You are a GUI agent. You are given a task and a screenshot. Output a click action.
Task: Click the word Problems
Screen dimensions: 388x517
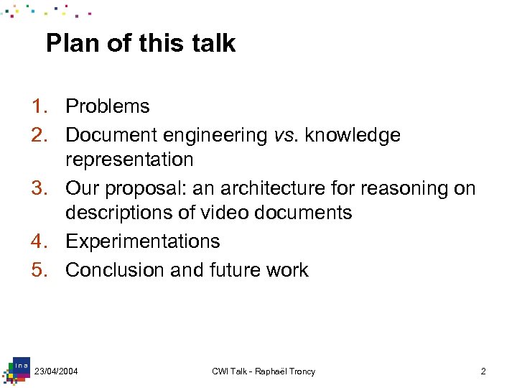tap(108, 106)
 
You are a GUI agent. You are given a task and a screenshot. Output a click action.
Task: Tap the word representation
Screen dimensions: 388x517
tap(129, 160)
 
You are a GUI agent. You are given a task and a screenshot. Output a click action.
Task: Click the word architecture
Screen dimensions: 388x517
tap(284, 188)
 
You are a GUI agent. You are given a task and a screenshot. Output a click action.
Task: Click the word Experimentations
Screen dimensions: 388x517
tap(143, 241)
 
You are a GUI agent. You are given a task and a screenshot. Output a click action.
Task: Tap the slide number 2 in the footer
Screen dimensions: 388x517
tap(483, 371)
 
